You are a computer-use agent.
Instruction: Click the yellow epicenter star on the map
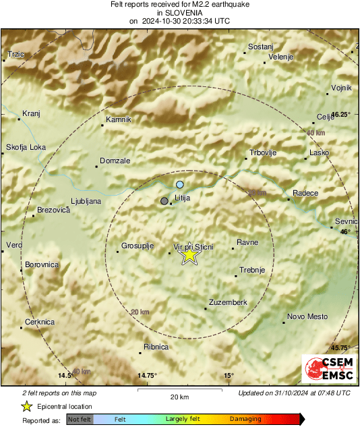click(189, 256)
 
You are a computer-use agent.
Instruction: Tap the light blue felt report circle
click(180, 184)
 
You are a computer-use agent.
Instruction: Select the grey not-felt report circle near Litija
click(164, 201)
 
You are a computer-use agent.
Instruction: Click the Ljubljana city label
click(86, 201)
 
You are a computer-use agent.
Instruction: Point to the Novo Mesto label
click(307, 316)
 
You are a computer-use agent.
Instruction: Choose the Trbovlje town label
click(264, 153)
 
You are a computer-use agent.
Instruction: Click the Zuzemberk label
click(229, 302)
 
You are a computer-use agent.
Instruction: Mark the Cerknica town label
click(40, 322)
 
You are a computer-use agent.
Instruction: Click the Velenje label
click(281, 57)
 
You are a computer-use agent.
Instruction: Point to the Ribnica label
click(156, 347)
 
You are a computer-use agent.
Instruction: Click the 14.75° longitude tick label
click(147, 375)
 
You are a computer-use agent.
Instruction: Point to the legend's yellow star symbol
click(26, 406)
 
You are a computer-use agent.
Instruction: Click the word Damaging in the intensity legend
click(245, 419)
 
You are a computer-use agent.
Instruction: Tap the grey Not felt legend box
click(80, 419)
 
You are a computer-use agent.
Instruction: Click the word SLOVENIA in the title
click(179, 12)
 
